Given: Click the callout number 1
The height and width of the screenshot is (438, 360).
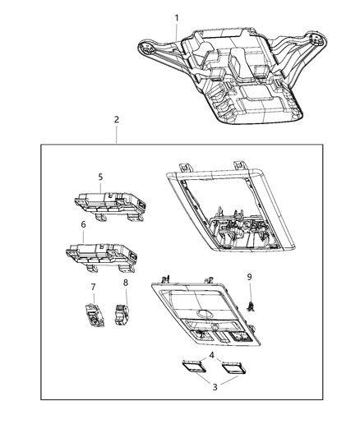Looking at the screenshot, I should (175, 17).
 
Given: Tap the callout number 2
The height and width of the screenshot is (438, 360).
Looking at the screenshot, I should (116, 120).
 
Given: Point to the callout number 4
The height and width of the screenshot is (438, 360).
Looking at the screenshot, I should (213, 355).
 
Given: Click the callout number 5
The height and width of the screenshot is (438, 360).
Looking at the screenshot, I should (100, 177).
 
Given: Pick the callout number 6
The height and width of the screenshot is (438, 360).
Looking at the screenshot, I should (83, 224).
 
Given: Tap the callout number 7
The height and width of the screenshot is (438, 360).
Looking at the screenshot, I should (93, 287).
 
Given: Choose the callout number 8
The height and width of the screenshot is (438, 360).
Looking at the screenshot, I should (126, 284).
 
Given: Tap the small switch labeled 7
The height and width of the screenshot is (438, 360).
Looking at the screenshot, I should (91, 314).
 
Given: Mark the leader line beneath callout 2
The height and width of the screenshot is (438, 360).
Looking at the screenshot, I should (116, 135).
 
